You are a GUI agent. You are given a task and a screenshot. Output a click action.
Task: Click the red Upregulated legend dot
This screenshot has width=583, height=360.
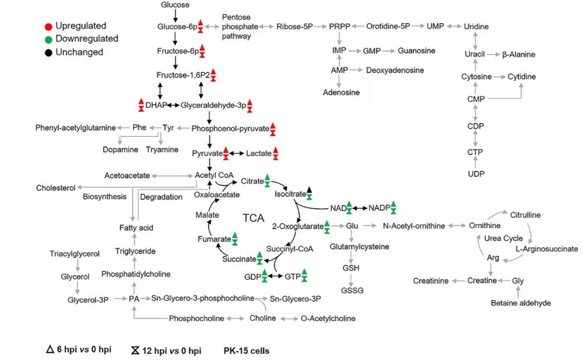(48, 26)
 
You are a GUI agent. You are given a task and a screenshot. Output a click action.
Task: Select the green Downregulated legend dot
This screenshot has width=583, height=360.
(48, 40)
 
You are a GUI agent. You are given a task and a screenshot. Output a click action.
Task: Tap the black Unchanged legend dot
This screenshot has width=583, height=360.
(48, 53)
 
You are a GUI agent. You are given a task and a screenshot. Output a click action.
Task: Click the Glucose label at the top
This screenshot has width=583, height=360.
(175, 5)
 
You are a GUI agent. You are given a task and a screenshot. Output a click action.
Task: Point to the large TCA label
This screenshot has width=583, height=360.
(253, 218)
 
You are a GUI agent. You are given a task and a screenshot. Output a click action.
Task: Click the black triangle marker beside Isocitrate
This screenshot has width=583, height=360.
(309, 190)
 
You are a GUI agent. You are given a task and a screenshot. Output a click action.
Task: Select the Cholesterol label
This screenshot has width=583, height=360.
(56, 188)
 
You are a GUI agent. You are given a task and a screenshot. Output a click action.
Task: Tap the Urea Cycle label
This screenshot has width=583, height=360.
(504, 238)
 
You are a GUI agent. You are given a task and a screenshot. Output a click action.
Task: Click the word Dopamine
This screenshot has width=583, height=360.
(121, 149)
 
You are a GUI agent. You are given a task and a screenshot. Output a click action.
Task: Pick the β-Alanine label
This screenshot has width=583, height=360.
(519, 54)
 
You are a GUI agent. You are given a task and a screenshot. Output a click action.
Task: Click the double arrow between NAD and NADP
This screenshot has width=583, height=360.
(360, 208)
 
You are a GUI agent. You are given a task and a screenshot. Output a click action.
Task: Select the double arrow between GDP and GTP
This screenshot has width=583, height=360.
(276, 276)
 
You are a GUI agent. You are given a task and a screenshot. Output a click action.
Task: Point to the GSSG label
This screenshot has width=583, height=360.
(352, 291)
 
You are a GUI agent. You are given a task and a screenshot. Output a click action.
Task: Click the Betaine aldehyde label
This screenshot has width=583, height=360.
(521, 303)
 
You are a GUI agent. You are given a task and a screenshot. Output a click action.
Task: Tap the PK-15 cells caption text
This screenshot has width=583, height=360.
(247, 351)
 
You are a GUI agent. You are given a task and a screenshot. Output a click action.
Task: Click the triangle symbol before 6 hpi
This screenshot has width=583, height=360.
(50, 349)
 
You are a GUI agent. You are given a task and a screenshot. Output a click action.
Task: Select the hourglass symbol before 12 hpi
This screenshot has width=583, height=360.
(135, 350)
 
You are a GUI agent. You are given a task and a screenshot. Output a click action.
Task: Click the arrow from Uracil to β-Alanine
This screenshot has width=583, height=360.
(493, 54)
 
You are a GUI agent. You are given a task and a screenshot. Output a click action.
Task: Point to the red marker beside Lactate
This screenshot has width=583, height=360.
(276, 153)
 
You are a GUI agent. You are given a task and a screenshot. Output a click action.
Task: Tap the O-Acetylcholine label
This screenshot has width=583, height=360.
(328, 319)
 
